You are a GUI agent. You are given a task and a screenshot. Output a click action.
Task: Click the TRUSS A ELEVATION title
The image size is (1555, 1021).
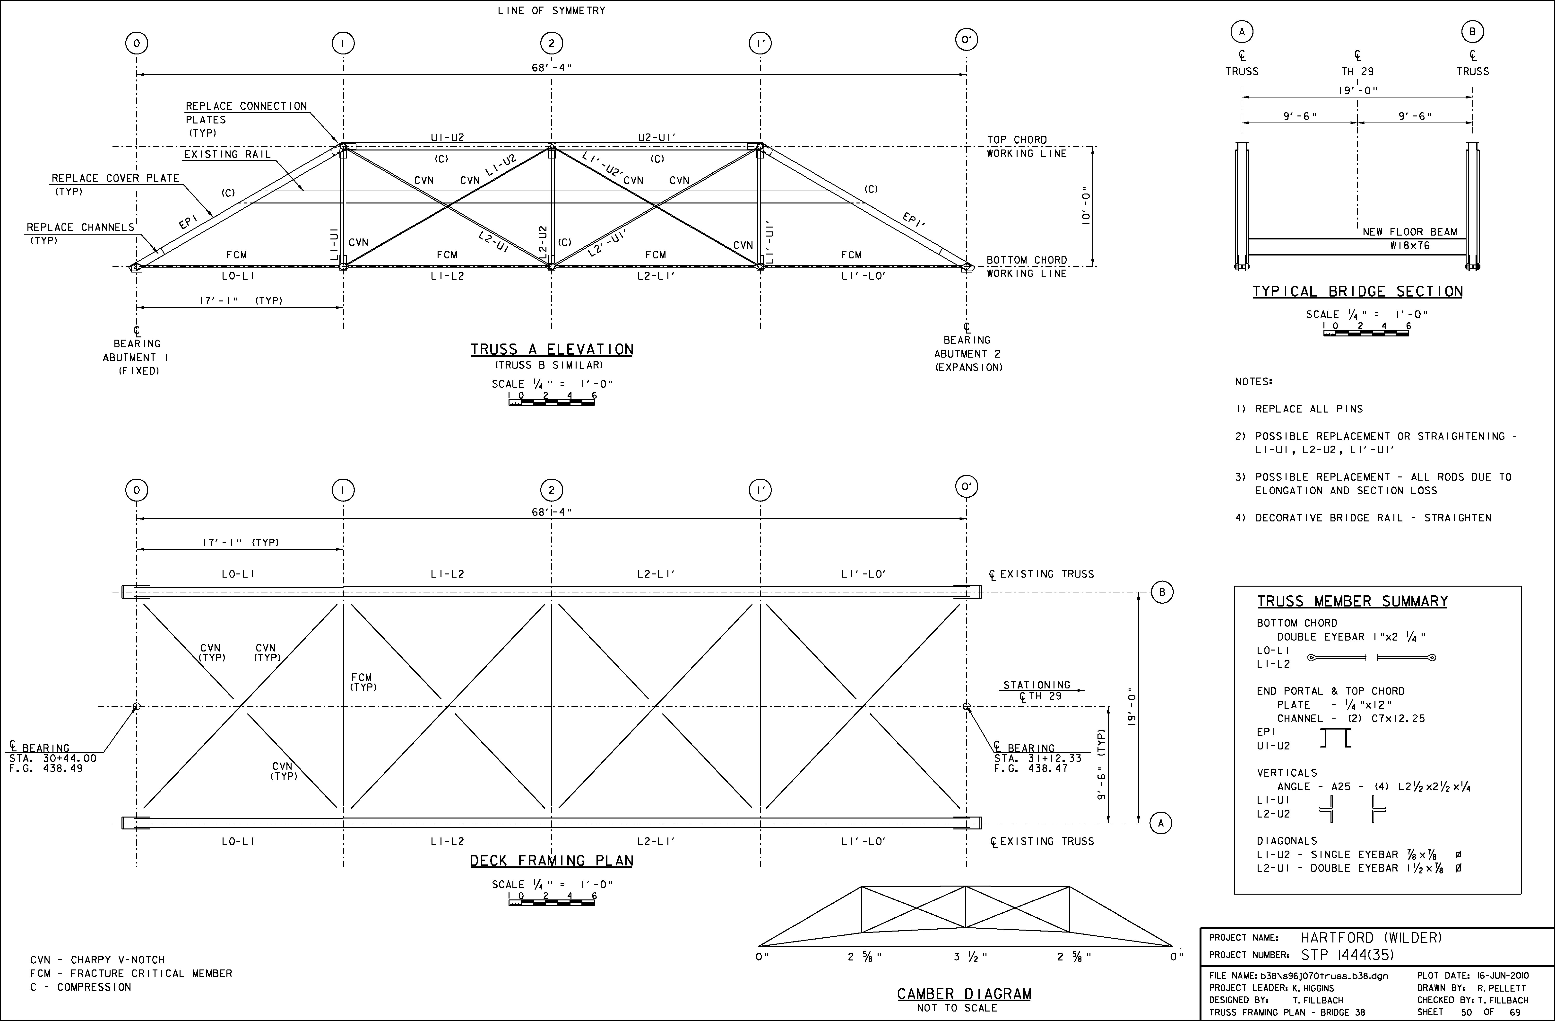[x=552, y=350]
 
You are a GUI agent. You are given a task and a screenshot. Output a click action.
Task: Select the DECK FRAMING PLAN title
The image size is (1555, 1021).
[x=552, y=861]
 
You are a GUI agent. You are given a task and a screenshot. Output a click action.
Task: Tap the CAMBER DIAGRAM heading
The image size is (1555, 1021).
[x=964, y=994]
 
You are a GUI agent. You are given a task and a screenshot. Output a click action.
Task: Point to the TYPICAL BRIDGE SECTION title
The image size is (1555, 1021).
[x=1358, y=291]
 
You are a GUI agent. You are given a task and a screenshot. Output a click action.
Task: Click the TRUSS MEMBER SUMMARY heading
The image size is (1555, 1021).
[x=1352, y=601]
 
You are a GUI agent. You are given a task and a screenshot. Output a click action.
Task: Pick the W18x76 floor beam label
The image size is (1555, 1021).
[x=1410, y=246]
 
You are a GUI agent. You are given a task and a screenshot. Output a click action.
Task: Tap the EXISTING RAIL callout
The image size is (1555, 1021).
[x=227, y=154]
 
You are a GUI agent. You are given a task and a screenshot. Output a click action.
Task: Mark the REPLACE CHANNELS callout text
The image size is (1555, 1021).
[x=80, y=228]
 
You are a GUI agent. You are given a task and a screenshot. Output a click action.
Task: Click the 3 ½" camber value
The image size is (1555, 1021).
[x=970, y=957]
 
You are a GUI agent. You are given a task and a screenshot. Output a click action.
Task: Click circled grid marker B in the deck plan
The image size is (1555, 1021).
[x=1162, y=593]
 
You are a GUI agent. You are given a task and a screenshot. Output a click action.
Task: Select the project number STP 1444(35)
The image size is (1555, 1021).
[x=1347, y=955]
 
